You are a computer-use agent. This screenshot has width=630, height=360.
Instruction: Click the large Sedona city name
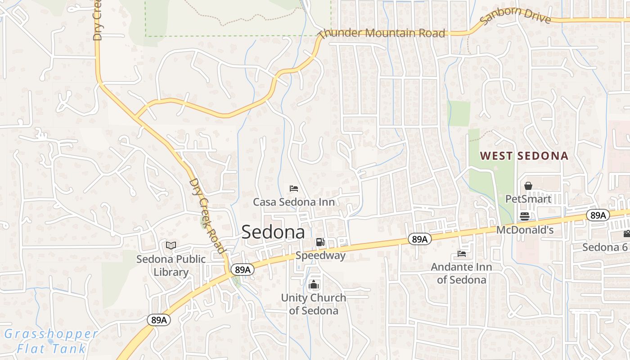coord(273,232)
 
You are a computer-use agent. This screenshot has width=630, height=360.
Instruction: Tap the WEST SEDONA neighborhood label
coord(524,156)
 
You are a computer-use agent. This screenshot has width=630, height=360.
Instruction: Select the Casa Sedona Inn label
coord(294,202)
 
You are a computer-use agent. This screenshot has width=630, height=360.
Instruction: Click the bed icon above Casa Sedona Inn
coord(294,188)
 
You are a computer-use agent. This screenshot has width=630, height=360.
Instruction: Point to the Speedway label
coord(320,256)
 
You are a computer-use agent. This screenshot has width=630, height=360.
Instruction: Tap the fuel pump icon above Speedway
coord(320,242)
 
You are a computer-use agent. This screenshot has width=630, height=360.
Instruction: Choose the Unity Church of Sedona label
coord(314,304)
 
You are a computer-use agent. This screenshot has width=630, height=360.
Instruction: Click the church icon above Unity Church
coord(314,284)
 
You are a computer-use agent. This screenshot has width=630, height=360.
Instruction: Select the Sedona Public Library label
coord(171,265)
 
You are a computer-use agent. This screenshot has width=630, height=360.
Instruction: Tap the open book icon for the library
coord(171,245)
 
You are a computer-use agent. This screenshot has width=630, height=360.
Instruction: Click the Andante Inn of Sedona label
coord(461,273)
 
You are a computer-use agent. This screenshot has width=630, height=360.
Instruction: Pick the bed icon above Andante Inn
coord(462,254)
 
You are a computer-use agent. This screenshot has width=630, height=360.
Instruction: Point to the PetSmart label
coord(528,199)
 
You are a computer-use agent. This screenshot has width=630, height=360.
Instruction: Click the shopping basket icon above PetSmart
coord(528,185)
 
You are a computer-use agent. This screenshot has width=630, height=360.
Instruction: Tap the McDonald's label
coord(525,230)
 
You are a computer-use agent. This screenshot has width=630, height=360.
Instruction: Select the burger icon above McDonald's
coord(525,216)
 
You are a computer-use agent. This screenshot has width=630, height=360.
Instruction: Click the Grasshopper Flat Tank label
coord(51,341)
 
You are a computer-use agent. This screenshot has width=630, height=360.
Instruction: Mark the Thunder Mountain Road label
coord(382,33)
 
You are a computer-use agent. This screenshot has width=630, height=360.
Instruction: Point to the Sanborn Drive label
coord(516,15)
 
